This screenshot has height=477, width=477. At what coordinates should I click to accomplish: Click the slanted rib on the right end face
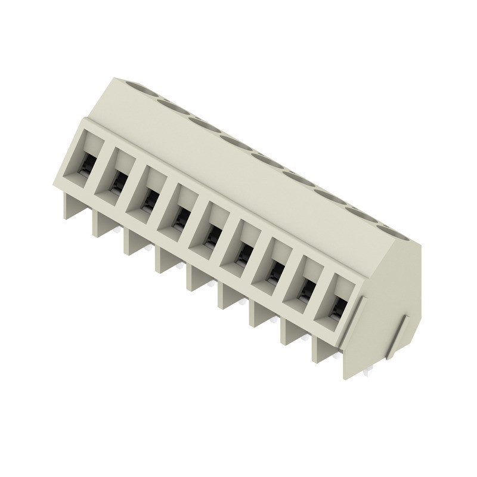(396, 337)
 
